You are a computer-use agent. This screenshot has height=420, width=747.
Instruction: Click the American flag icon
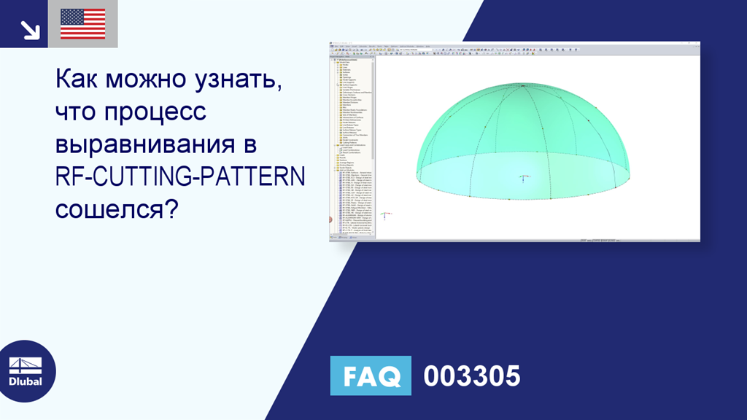coord(82,24)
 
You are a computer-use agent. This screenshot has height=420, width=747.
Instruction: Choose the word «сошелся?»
coord(117,209)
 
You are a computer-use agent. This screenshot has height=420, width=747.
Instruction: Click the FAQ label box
coord(371,376)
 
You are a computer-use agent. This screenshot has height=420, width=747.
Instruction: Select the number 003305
coord(472,376)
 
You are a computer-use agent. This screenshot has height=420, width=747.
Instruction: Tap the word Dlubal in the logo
coord(25,381)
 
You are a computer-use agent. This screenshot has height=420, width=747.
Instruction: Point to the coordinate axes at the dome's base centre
coord(524,177)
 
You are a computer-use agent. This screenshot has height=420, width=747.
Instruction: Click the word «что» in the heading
coord(76,113)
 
